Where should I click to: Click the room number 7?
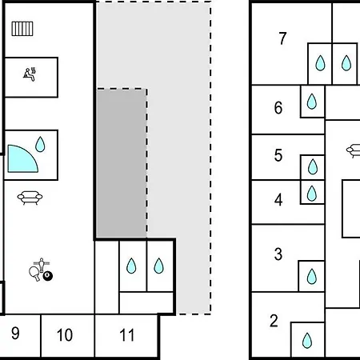coord(283,38)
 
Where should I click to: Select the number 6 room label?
coord(278,108)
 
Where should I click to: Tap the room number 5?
coord(278,155)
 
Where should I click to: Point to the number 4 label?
coord(278,200)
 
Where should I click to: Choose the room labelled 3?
coord(278,254)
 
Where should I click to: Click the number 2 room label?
coord(274,321)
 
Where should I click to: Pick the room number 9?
coord(15,333)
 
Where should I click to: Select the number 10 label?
coord(65,335)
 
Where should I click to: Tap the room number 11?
coord(126,335)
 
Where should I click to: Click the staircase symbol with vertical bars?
coord(22,29)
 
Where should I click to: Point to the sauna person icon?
coord(30,74)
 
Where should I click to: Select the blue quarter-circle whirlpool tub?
coord(21,160)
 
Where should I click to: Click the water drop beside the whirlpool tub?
coord(40,144)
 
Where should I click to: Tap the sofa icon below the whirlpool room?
coord(30,198)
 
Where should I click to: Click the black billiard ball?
coord(48,276)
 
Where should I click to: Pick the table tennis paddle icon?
coord(34,273)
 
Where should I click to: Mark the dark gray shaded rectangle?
coord(122,163)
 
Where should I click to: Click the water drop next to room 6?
coord(312,102)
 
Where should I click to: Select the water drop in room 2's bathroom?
coord(307,341)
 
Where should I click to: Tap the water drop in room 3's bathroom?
coord(312,276)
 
